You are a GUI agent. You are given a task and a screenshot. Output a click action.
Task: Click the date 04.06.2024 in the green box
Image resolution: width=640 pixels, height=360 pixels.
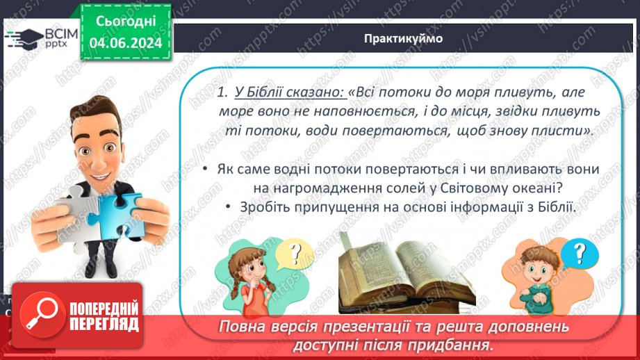pos(125,44)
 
